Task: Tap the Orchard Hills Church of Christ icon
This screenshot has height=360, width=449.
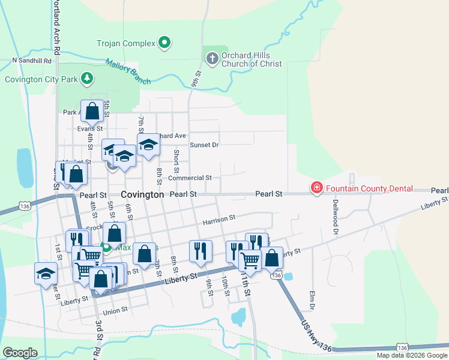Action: [x=211, y=59]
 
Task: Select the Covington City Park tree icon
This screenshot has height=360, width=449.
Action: [x=88, y=79]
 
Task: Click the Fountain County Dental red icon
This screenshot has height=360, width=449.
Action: [x=316, y=188]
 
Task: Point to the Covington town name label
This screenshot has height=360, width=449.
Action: [x=142, y=194]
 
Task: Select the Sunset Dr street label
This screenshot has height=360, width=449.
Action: [x=204, y=145]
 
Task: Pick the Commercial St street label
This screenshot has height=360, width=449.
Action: [x=190, y=178]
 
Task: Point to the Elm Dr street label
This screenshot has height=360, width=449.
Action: [x=312, y=301]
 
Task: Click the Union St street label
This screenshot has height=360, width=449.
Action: [x=115, y=310]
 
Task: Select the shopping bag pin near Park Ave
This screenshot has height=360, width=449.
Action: [x=92, y=111]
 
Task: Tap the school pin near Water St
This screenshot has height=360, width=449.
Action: [x=46, y=274]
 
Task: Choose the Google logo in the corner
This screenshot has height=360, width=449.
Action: [x=20, y=353]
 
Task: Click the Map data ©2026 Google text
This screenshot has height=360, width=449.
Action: [x=411, y=355]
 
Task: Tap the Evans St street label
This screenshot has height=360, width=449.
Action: [x=90, y=128]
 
